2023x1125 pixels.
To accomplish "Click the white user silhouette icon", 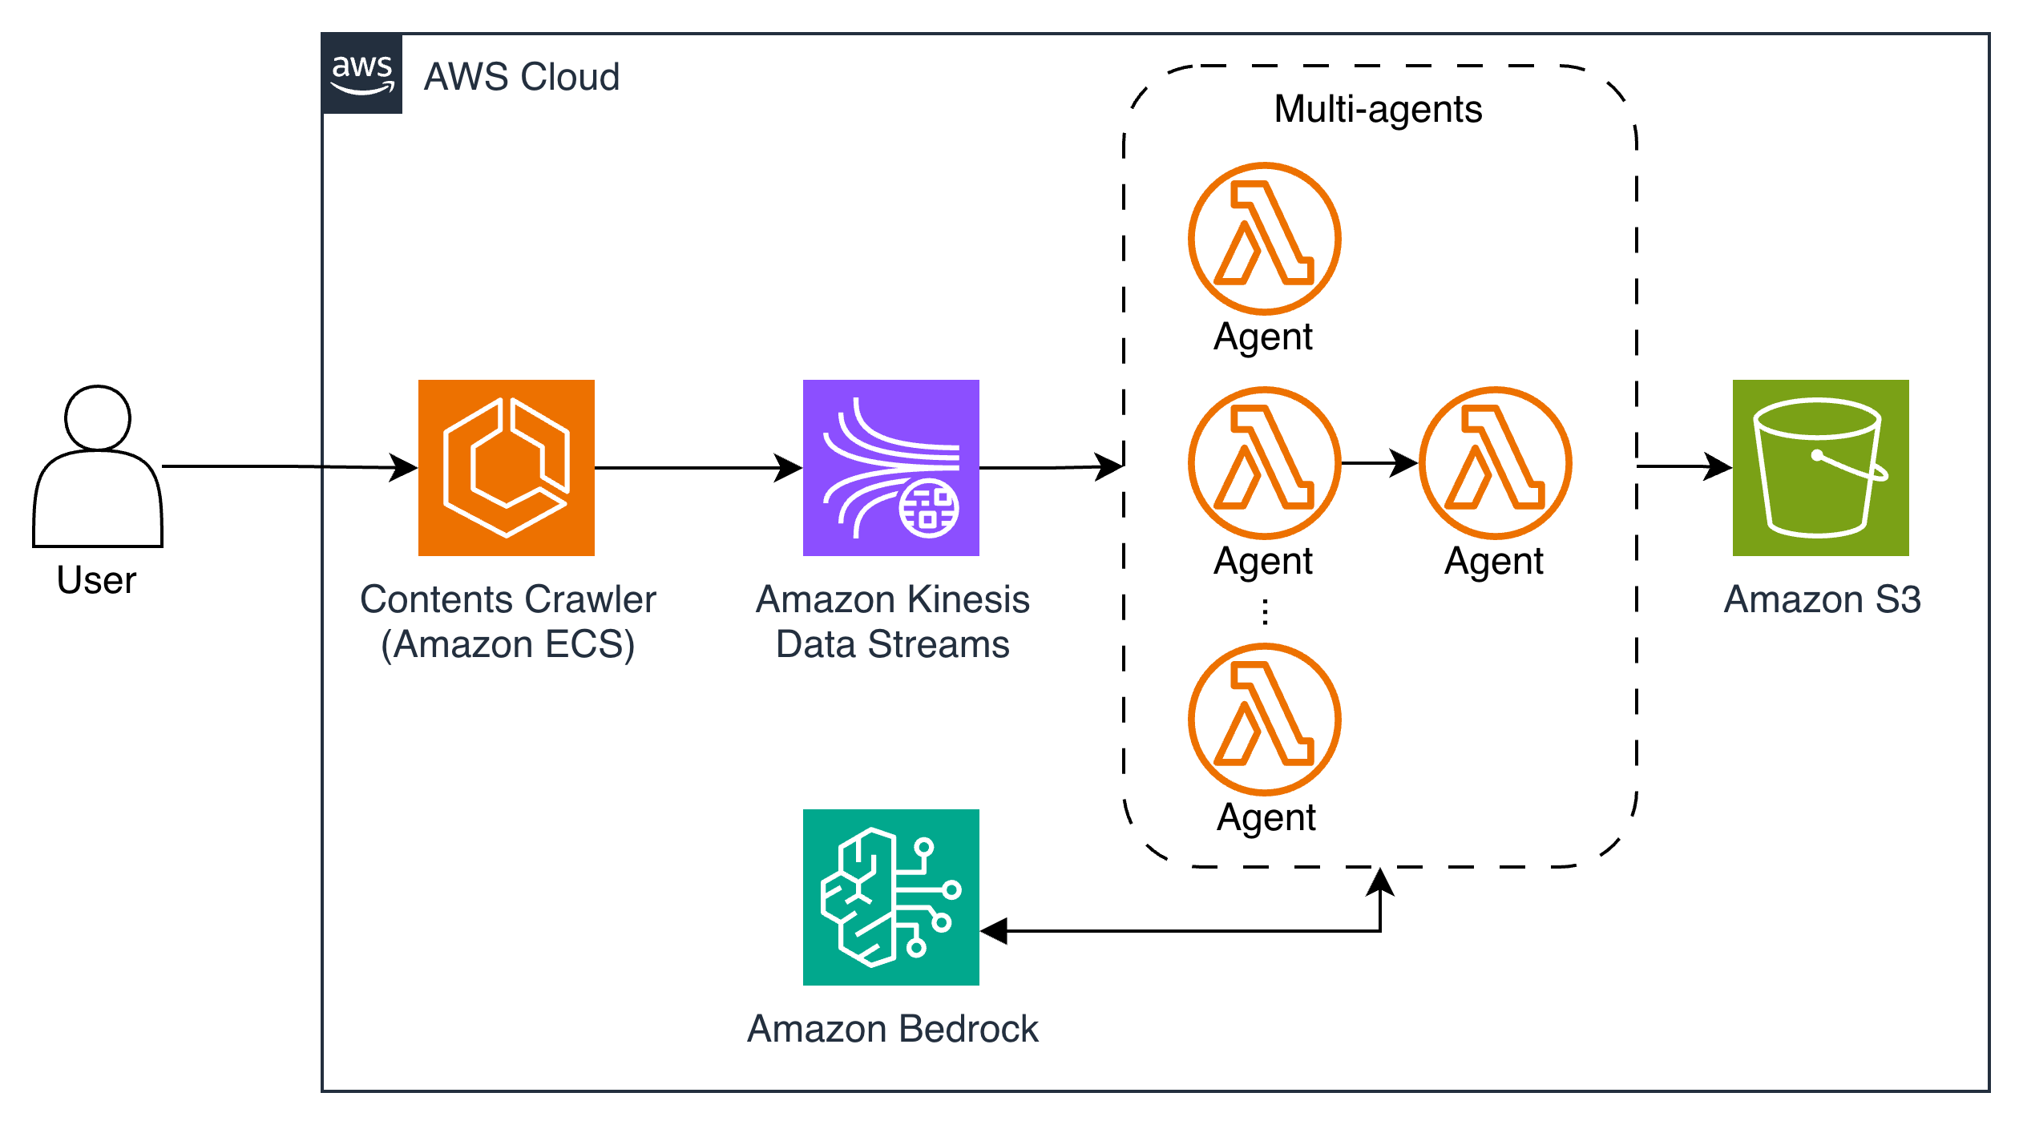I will tap(98, 473).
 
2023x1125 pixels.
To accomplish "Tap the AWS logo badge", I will tap(362, 74).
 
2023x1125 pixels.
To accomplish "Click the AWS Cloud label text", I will tap(522, 77).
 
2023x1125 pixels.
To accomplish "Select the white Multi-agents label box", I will tap(1379, 111).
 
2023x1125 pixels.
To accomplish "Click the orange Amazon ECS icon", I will tap(507, 468).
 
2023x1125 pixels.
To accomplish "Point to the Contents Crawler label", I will tap(507, 599).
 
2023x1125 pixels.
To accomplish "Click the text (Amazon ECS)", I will tap(507, 644).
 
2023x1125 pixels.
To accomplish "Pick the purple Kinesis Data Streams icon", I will tap(891, 468).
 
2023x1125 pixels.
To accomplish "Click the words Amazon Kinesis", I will tap(892, 599).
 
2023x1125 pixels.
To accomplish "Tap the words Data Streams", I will tap(892, 644).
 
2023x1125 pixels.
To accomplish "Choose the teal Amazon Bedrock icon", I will tap(891, 897).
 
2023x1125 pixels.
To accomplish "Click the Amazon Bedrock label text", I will tap(892, 1029).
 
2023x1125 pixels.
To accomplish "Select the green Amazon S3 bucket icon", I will tap(1821, 468).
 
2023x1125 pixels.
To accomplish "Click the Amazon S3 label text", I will tap(1822, 599).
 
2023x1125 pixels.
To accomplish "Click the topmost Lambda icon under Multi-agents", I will tap(1265, 239).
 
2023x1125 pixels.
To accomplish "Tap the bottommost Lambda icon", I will tap(1265, 720).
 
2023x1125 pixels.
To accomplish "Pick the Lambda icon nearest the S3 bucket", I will tap(1496, 463).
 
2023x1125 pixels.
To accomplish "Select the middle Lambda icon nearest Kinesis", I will tap(1265, 463).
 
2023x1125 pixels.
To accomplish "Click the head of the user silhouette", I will tap(98, 417).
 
